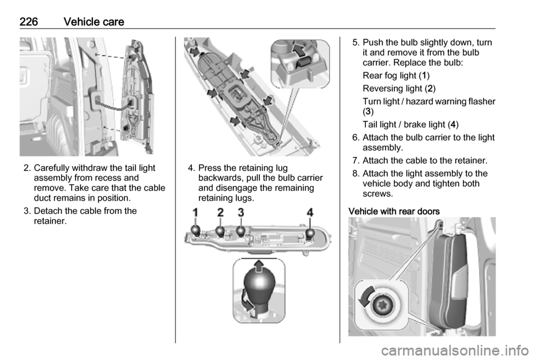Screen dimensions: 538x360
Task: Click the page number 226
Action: tap(29, 22)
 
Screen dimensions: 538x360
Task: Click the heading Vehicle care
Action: tap(94, 22)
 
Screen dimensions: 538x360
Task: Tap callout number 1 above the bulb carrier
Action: tap(195, 213)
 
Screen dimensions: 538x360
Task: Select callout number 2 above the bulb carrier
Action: tap(220, 213)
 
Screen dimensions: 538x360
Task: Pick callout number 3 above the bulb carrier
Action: tap(241, 213)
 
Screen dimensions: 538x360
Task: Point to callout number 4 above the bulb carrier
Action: tap(310, 213)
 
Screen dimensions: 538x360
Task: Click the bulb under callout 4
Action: tap(310, 233)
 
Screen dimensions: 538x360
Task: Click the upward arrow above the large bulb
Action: tap(259, 265)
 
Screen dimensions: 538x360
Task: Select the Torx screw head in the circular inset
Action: tap(382, 304)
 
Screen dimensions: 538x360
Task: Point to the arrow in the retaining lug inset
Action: tap(299, 50)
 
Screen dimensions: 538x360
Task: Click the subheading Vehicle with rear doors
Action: tap(394, 211)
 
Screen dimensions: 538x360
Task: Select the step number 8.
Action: tap(356, 173)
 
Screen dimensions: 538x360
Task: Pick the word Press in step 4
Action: tap(210, 168)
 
